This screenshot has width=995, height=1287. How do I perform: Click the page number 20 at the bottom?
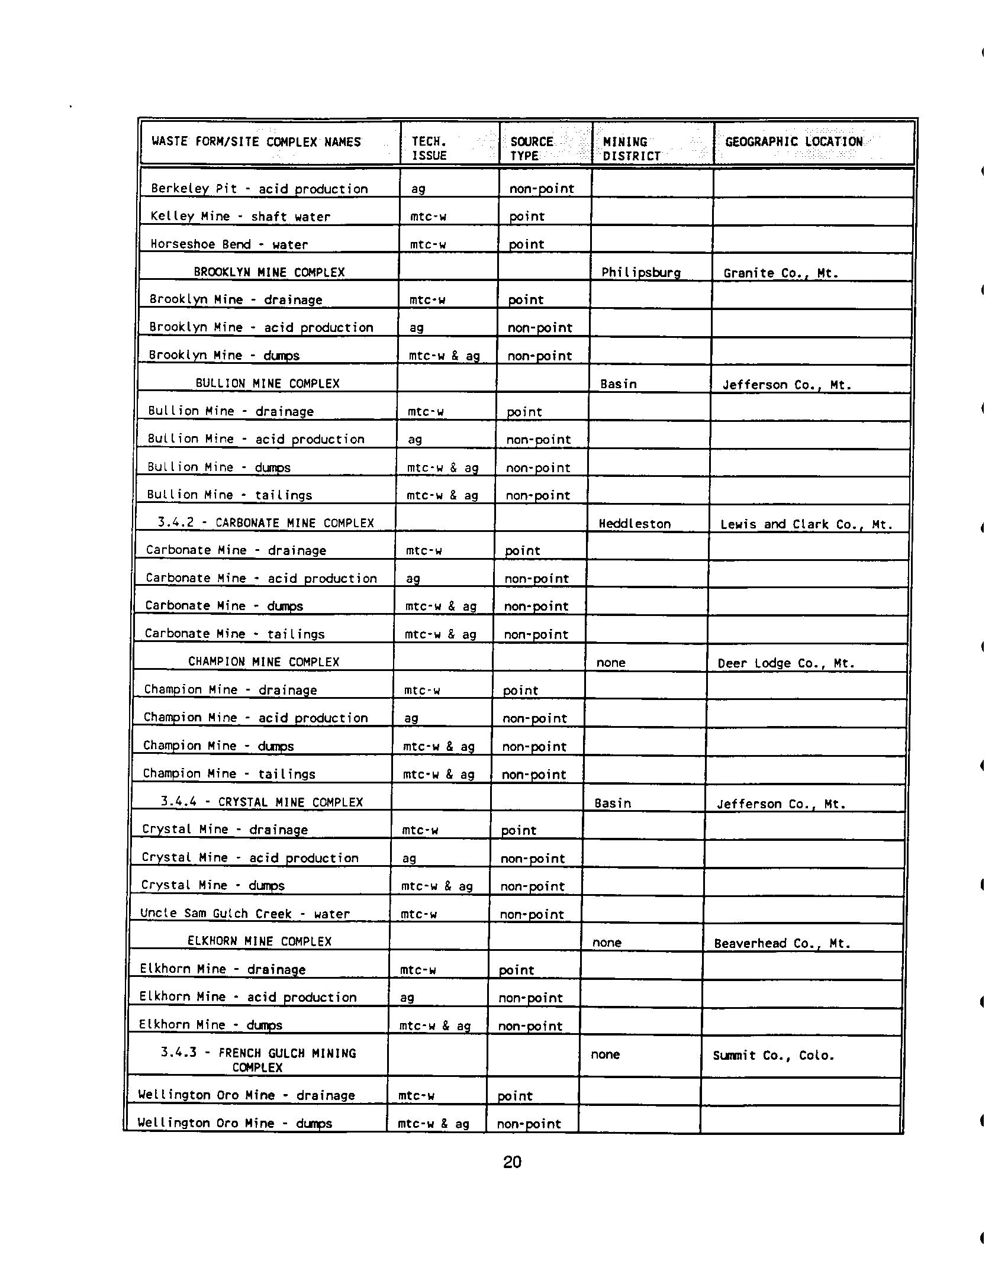coord(512,1162)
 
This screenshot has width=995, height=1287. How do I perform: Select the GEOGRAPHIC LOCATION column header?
coord(794,142)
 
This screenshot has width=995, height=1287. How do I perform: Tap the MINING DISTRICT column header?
coord(631,149)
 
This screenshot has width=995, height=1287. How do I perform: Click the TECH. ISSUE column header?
coord(429,149)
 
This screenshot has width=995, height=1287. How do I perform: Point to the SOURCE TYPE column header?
coord(531,149)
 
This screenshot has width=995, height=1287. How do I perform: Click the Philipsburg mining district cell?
coord(640,273)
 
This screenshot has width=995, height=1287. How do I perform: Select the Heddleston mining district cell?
coord(635,524)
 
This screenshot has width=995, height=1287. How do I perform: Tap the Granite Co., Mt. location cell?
coord(781,273)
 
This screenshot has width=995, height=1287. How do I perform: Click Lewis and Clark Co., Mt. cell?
coord(806,524)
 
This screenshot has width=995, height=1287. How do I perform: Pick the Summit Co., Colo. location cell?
coord(774,1056)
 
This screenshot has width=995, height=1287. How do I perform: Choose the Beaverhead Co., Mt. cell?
coord(782,943)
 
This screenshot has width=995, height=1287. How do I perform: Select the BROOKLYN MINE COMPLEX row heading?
coord(269,273)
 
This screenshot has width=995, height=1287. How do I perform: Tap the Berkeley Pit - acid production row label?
coord(259,189)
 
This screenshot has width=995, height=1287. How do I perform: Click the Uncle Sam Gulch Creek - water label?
coord(245,914)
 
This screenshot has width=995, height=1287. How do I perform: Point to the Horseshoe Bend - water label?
coord(229,244)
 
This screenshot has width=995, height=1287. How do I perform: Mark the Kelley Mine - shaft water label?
coord(240,217)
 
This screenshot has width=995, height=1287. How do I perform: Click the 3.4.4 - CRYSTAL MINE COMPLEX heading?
coord(261,802)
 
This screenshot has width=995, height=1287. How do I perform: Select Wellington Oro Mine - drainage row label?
coord(246,1095)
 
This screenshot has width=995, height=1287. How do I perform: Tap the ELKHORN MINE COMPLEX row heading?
coord(259,941)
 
